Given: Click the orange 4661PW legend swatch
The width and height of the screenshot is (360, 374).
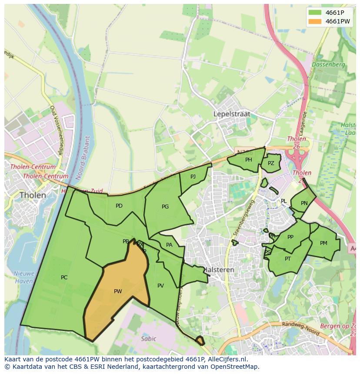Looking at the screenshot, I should [316, 21].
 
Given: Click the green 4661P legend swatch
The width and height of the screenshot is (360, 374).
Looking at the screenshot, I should [316, 13].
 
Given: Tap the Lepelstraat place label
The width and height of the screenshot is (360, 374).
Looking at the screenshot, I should [232, 114].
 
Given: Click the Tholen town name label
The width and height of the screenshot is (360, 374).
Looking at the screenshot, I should [33, 195].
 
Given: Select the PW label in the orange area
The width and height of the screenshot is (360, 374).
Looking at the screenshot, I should [118, 291].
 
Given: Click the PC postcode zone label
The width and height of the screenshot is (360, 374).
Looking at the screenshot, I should [64, 278].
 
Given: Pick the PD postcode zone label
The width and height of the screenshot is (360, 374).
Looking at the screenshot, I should [119, 206].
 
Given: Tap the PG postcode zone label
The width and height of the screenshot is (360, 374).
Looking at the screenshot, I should [165, 207].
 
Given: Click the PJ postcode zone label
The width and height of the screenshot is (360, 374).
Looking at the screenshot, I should [193, 176].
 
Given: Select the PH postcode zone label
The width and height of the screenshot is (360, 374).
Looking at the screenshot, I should [248, 160].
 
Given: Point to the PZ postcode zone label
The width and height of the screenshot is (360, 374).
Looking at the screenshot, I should [271, 163].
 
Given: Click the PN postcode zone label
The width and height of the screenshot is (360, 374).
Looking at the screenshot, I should [304, 203].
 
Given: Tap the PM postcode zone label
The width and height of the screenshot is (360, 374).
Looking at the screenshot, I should [323, 243].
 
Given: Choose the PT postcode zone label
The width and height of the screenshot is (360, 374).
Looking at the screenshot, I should [287, 259].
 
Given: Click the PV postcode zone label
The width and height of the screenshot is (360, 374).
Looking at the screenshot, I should [160, 286].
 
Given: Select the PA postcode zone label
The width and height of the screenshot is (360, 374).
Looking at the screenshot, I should [169, 245].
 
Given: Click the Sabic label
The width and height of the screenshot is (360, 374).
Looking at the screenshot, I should [148, 339].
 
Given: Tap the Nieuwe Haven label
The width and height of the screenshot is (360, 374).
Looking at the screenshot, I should [23, 277].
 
